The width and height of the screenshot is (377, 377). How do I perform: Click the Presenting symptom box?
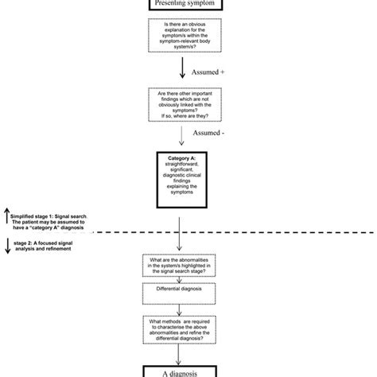pos(188,5)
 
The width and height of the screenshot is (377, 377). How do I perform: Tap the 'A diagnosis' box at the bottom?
pos(188,369)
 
